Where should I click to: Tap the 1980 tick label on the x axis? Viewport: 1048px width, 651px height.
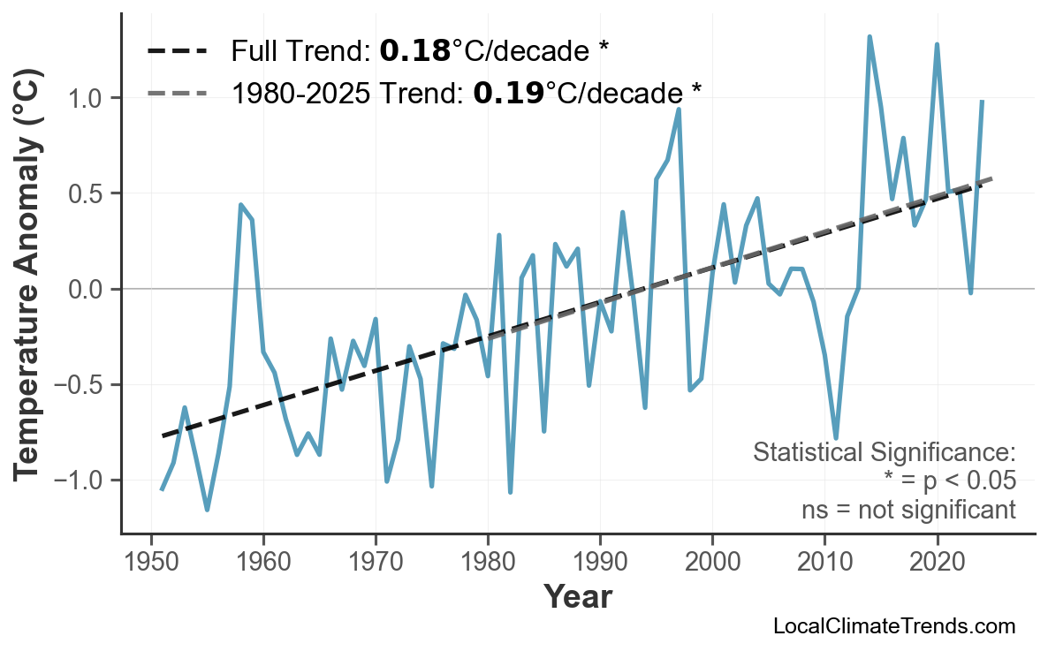tap(488, 563)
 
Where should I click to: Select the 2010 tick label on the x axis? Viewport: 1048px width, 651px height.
tap(824, 563)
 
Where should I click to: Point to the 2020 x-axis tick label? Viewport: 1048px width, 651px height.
tap(937, 563)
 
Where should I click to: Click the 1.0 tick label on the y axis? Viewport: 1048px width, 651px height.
tap(87, 98)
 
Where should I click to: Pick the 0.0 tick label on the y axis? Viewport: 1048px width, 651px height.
tap(87, 290)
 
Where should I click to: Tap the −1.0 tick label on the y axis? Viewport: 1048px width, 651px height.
tap(80, 481)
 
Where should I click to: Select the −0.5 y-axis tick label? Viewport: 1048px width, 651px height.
tap(80, 385)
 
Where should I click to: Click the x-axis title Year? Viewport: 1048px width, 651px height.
tap(577, 598)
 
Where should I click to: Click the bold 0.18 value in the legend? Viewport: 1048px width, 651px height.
tap(414, 51)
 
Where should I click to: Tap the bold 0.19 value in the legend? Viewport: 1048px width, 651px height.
tap(508, 92)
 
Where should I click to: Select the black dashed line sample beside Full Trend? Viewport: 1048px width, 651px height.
tap(178, 51)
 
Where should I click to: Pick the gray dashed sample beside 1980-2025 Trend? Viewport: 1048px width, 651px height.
tap(178, 92)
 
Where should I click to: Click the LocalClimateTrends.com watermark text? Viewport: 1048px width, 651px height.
tap(893, 627)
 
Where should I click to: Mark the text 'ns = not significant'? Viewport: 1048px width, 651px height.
tap(908, 510)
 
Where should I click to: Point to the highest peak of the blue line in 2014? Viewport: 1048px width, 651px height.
tap(870, 37)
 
